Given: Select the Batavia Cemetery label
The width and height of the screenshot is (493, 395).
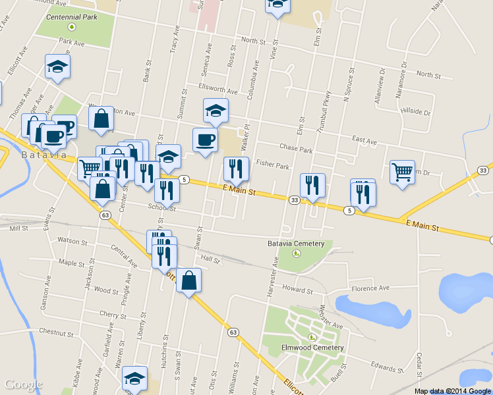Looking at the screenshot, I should pos(296,244).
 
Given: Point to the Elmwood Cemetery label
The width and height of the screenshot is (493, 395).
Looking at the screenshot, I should pos(312,348).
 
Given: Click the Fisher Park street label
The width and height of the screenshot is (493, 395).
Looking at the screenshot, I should pos(272,166).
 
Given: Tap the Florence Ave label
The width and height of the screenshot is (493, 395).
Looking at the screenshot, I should pos(370,288).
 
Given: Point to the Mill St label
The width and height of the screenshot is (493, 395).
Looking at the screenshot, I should pos(19,228).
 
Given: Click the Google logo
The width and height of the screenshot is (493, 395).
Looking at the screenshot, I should pos(24,384).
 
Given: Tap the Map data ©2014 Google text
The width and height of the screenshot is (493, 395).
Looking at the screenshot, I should pos(453,391).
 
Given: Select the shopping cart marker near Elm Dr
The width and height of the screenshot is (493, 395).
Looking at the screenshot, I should pos(402,172).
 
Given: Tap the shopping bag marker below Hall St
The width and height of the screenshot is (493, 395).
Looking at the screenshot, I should pos(188,280).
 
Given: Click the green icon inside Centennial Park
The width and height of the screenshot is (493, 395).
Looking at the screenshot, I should pos(72,27).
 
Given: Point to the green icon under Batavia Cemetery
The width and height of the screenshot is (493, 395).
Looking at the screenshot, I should pos(297,253).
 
